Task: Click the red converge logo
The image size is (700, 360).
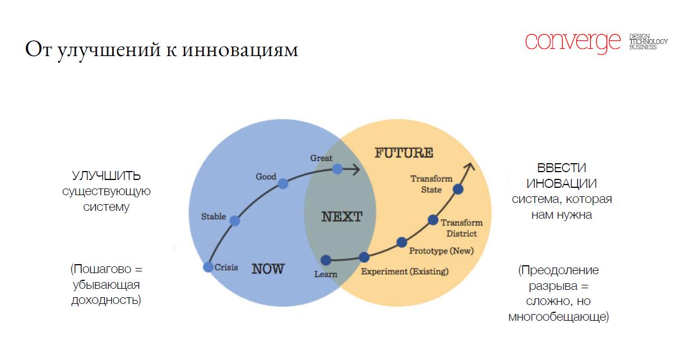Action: (x=573, y=43)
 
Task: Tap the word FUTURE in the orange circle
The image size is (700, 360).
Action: (x=404, y=153)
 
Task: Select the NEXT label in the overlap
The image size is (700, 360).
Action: (x=342, y=217)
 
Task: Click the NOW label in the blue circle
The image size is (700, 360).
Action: (x=268, y=269)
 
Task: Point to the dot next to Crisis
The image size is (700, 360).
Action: (x=208, y=267)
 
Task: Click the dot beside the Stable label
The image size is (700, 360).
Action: (x=235, y=221)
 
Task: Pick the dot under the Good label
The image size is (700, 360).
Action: (x=283, y=183)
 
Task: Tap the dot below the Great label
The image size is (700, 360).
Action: (x=337, y=169)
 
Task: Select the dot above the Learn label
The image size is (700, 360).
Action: (x=326, y=260)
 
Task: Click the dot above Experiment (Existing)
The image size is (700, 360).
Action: (x=364, y=257)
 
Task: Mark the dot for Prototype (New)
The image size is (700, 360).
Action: (x=402, y=242)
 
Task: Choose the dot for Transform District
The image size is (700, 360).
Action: (x=433, y=220)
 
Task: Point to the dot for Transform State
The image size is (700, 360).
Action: (x=458, y=189)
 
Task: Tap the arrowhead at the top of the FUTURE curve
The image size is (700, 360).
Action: (x=469, y=167)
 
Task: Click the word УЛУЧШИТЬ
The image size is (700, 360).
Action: (x=106, y=176)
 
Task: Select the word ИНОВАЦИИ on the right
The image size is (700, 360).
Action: (x=562, y=183)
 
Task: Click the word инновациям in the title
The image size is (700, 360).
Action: (x=240, y=50)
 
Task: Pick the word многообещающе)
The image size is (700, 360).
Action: (x=559, y=317)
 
